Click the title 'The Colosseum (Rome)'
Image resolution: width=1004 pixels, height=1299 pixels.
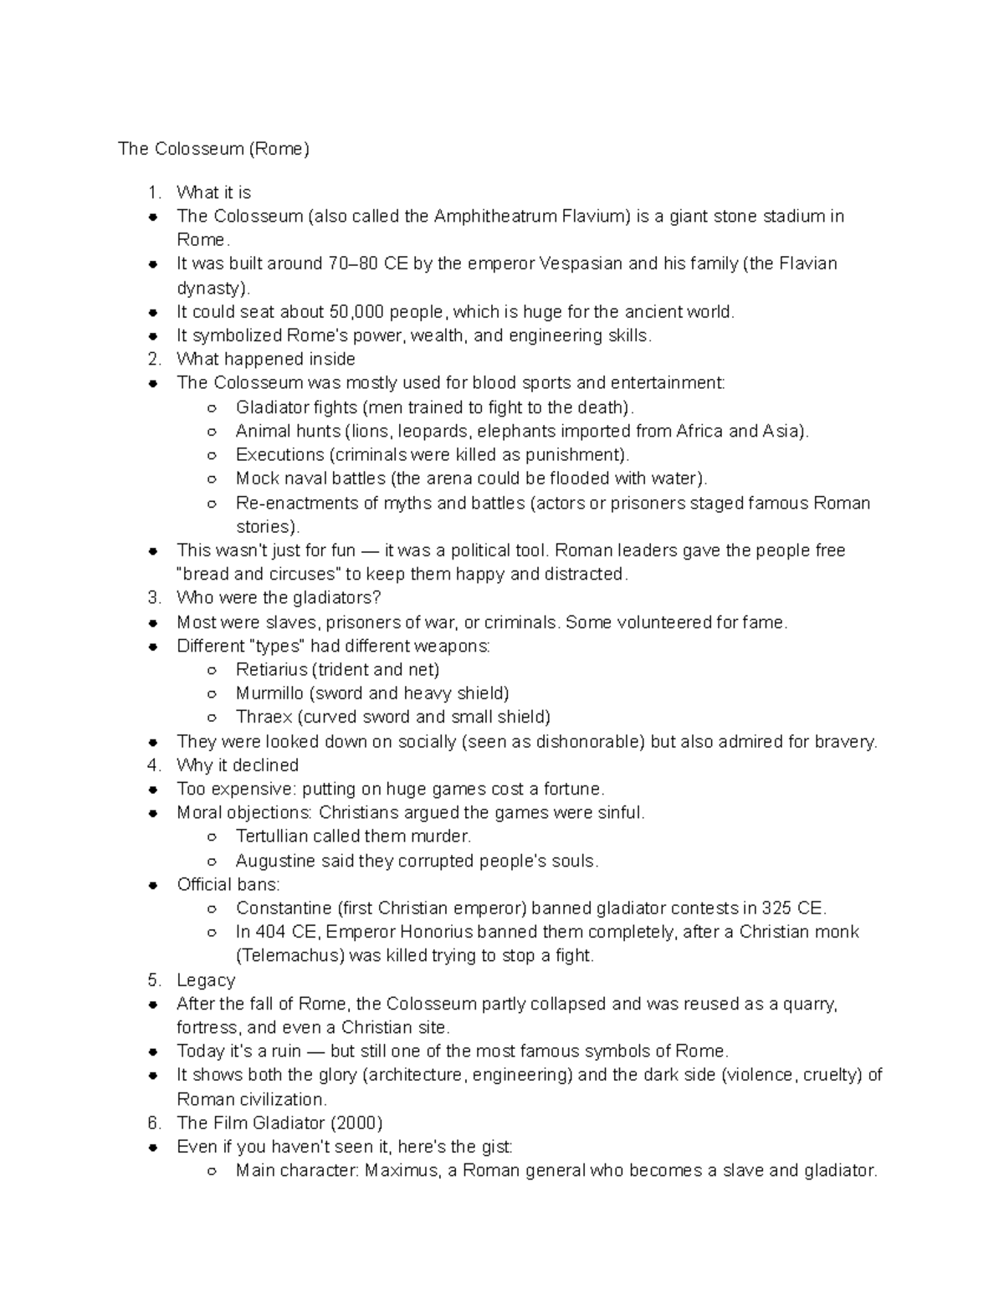coord(213,149)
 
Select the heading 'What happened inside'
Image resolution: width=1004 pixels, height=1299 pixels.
coord(266,359)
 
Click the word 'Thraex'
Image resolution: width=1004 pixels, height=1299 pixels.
coord(264,717)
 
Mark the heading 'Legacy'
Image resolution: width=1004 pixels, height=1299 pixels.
coord(206,979)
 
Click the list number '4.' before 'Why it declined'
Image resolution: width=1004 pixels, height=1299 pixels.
coord(153,765)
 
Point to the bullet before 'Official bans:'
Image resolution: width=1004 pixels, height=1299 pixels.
coord(154,885)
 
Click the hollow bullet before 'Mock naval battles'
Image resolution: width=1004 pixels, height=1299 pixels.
coord(213,479)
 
